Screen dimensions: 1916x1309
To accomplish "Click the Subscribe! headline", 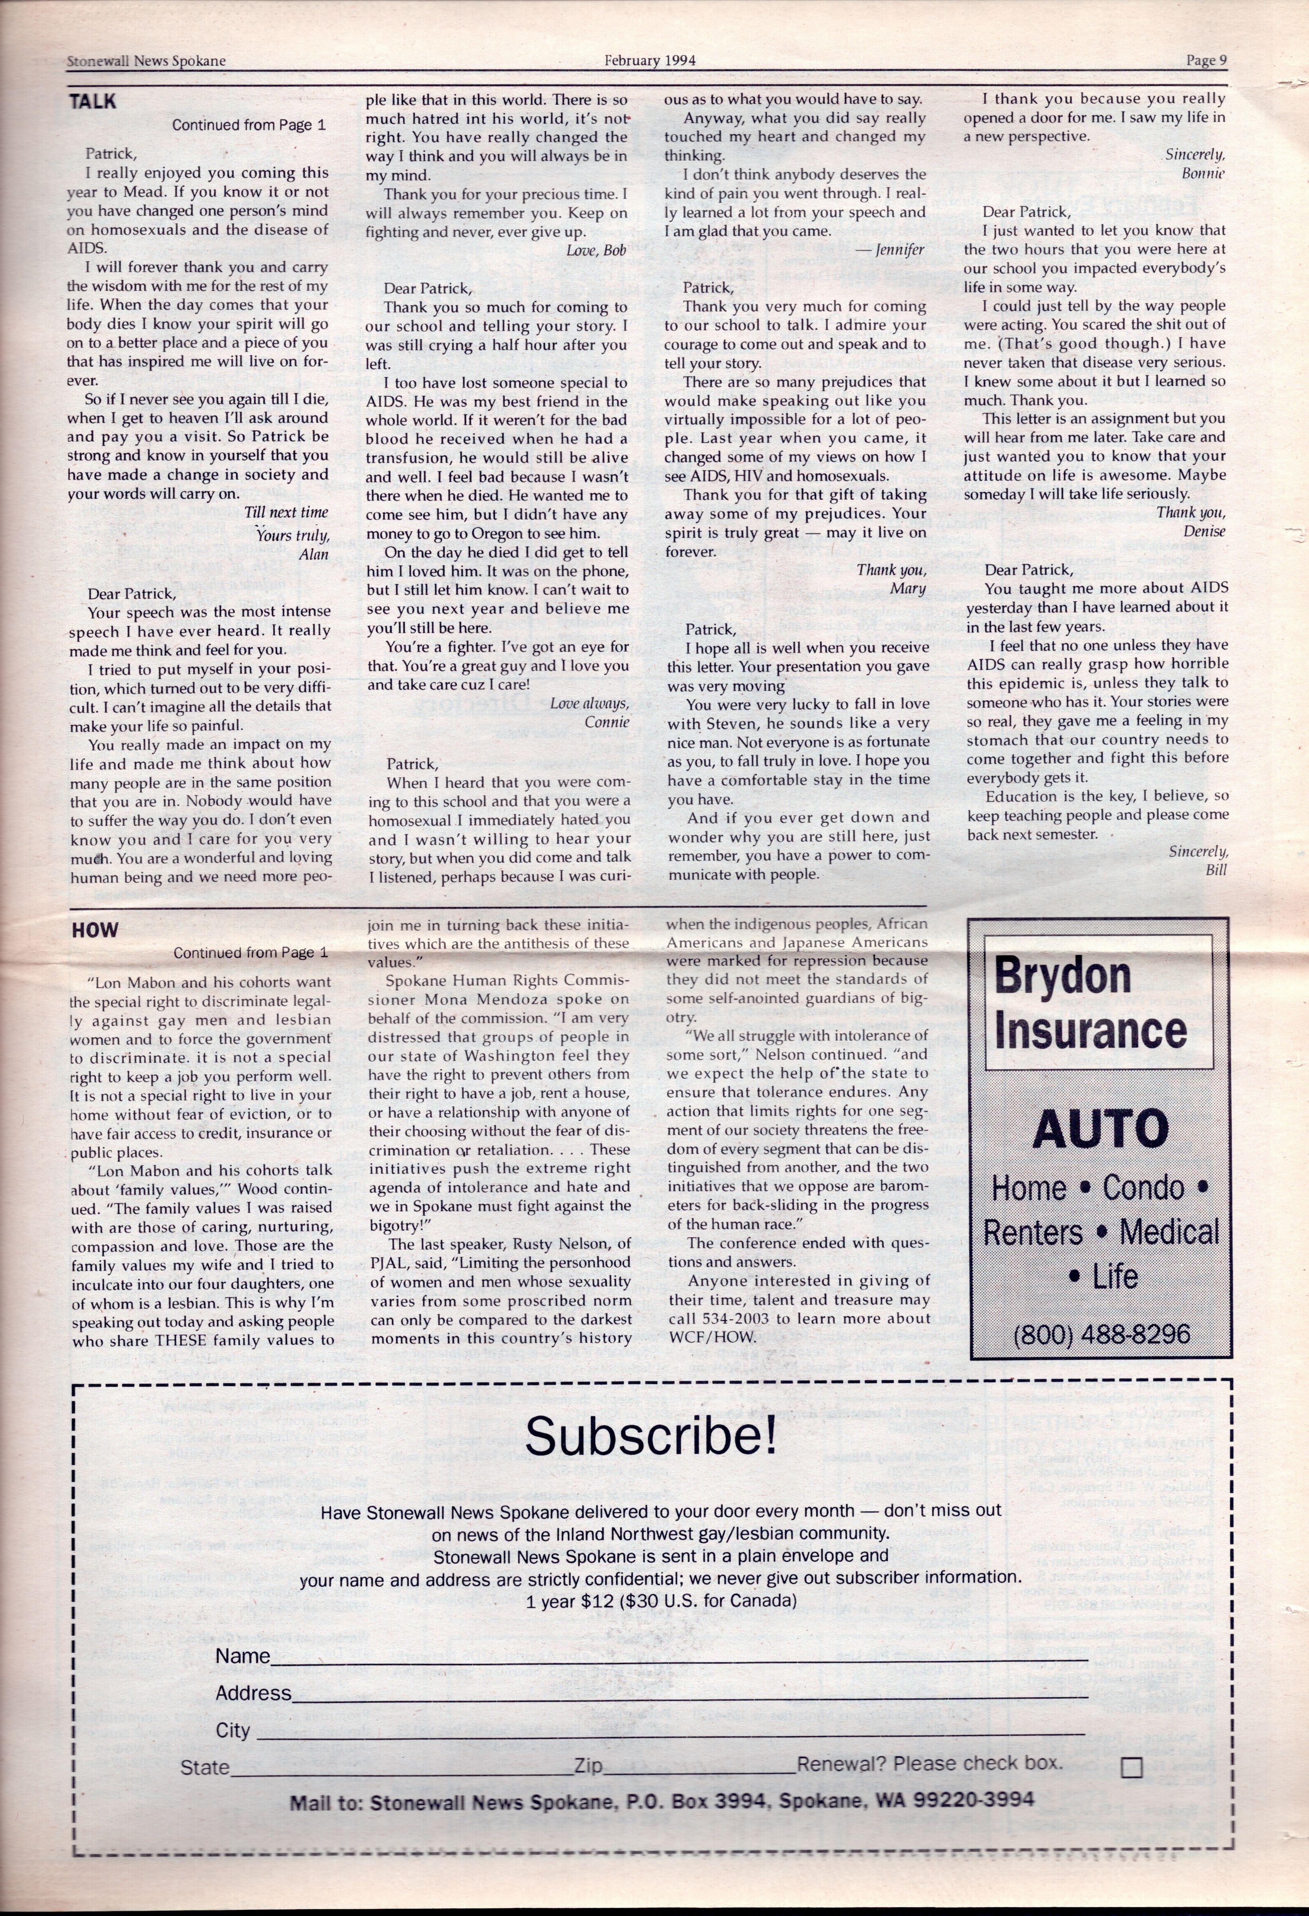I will point(651,1437).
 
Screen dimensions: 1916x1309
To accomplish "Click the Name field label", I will point(242,1656).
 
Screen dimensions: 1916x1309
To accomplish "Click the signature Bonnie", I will point(1203,173).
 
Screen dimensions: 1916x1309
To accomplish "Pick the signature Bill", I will point(1216,870).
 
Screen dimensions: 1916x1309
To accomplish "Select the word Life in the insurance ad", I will point(1114,1277).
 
